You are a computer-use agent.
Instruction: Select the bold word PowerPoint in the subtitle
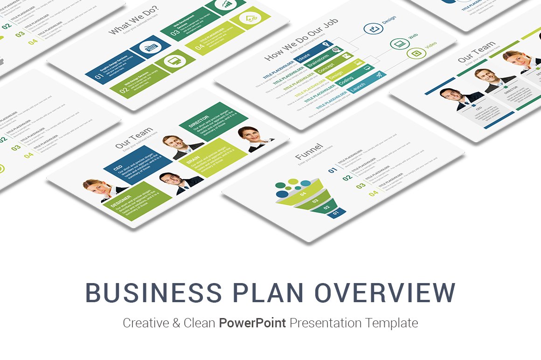click(x=252, y=323)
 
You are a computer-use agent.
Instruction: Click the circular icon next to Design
click(x=373, y=29)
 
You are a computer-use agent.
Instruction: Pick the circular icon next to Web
click(x=400, y=44)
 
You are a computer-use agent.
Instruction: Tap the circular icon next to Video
click(x=416, y=53)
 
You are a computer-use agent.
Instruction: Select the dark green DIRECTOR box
click(x=213, y=121)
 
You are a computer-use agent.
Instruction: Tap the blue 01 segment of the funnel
click(x=336, y=213)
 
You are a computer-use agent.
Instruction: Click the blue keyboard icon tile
click(x=151, y=47)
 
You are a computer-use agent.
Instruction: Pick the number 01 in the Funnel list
click(x=333, y=170)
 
